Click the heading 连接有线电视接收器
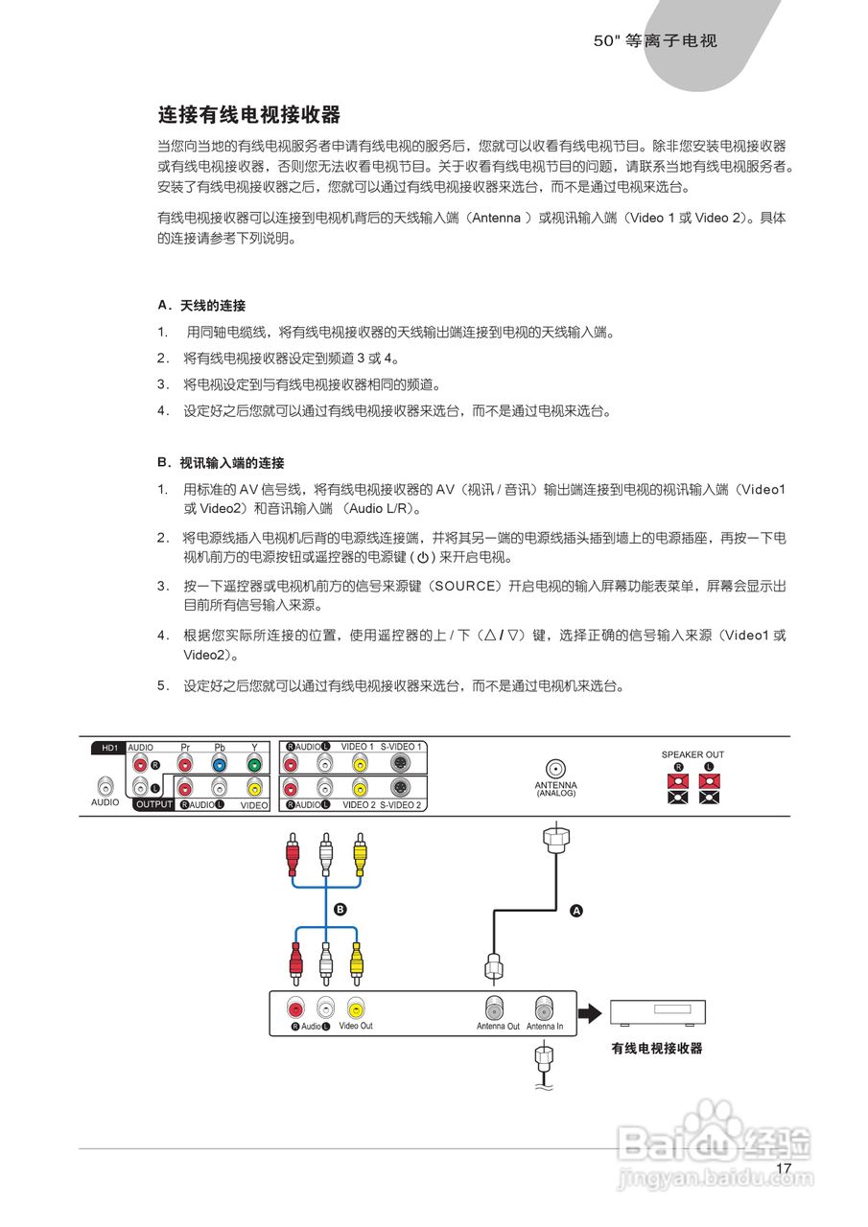[249, 116]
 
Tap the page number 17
[784, 1169]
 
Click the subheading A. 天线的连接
[201, 306]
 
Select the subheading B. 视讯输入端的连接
[221, 463]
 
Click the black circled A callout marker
[576, 911]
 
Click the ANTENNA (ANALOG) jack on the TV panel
[554, 768]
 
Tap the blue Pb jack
[219, 765]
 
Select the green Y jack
[253, 765]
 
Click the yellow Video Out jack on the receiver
[356, 1008]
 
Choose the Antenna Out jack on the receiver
[497, 1009]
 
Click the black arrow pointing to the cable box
[589, 1012]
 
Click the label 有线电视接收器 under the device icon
[657, 1049]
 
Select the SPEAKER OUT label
[692, 754]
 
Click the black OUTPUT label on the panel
[153, 805]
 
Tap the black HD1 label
[104, 747]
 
